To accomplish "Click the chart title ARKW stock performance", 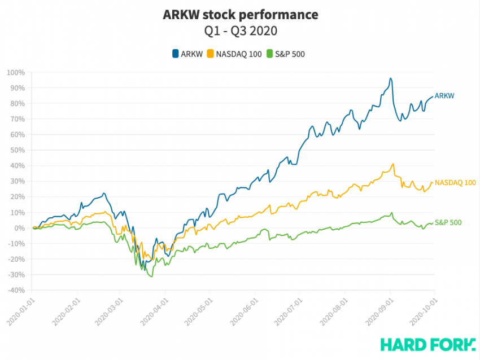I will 240,14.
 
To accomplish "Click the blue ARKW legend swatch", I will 176,54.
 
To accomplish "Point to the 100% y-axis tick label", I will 15,72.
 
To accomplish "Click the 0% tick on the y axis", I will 19,228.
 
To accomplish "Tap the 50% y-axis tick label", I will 17,150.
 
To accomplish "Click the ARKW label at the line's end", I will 444,96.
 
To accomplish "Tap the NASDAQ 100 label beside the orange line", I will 456,183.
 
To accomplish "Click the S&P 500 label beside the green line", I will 448,222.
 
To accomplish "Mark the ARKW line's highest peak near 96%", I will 390,78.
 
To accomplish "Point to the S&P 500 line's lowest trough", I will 151,276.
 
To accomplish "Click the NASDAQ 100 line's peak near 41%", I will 392,164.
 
